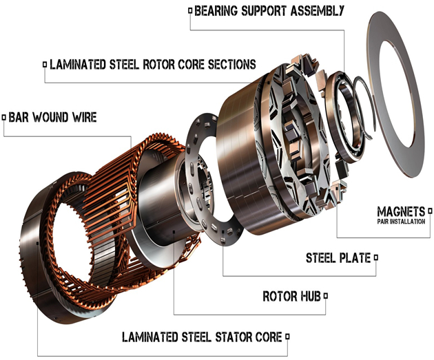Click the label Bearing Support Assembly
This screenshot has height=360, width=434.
[x=269, y=11]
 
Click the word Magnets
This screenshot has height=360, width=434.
[x=400, y=211]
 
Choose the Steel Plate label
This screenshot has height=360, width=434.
[x=338, y=258]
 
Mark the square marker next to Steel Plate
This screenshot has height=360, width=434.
[x=377, y=258]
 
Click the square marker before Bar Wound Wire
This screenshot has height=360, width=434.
[x=5, y=118]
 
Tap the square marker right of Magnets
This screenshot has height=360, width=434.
[x=429, y=211]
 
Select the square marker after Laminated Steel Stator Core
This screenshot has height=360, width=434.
[x=288, y=337]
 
